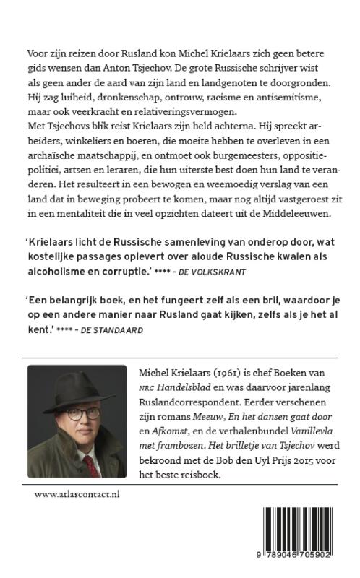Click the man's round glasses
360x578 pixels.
point(77,414)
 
